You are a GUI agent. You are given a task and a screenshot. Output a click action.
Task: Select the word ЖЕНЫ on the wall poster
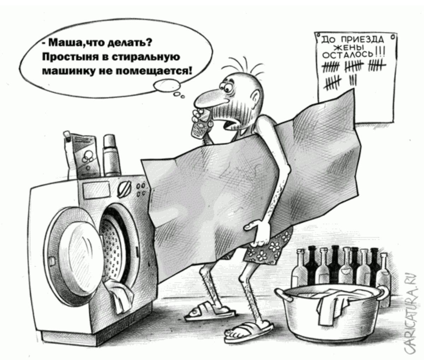[349, 48]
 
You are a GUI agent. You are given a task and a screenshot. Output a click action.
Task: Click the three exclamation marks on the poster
[380, 53]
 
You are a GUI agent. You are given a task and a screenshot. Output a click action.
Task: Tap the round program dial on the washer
[123, 189]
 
